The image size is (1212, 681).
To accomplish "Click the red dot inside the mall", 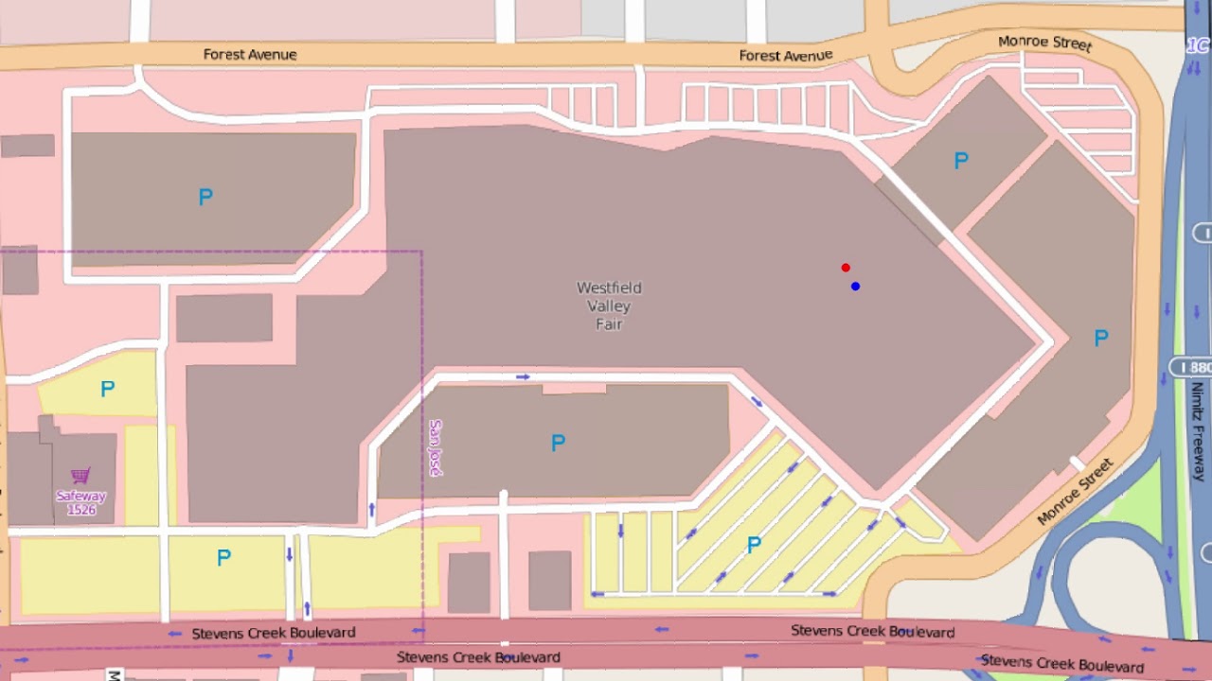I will point(846,268).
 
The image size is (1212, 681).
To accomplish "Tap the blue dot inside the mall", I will point(855,286).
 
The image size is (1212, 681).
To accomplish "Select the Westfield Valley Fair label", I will point(609,306).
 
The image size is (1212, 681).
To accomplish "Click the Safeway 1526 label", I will point(81,502).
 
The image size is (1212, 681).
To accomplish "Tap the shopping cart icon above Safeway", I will point(81,475).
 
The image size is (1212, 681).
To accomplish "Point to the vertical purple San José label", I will point(436,447).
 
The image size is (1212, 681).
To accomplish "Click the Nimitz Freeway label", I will point(1197,431).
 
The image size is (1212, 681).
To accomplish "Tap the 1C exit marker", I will point(1198,45).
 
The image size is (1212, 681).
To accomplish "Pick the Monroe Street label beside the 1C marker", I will point(1044,43).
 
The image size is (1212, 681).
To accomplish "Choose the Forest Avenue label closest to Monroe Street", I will point(785,56).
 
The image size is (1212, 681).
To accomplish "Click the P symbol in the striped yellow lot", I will point(754,545).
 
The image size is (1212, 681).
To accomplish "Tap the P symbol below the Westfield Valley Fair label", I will point(558,443).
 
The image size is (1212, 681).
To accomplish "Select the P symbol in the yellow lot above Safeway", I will point(107,389).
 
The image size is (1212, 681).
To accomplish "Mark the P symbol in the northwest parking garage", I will point(205,197).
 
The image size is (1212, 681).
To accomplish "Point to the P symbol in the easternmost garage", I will point(1100,338).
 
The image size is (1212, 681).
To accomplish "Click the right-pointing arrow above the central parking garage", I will point(523,376).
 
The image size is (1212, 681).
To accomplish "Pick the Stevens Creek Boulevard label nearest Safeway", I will point(274,633).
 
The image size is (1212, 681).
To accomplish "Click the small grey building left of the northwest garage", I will point(27,146).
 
